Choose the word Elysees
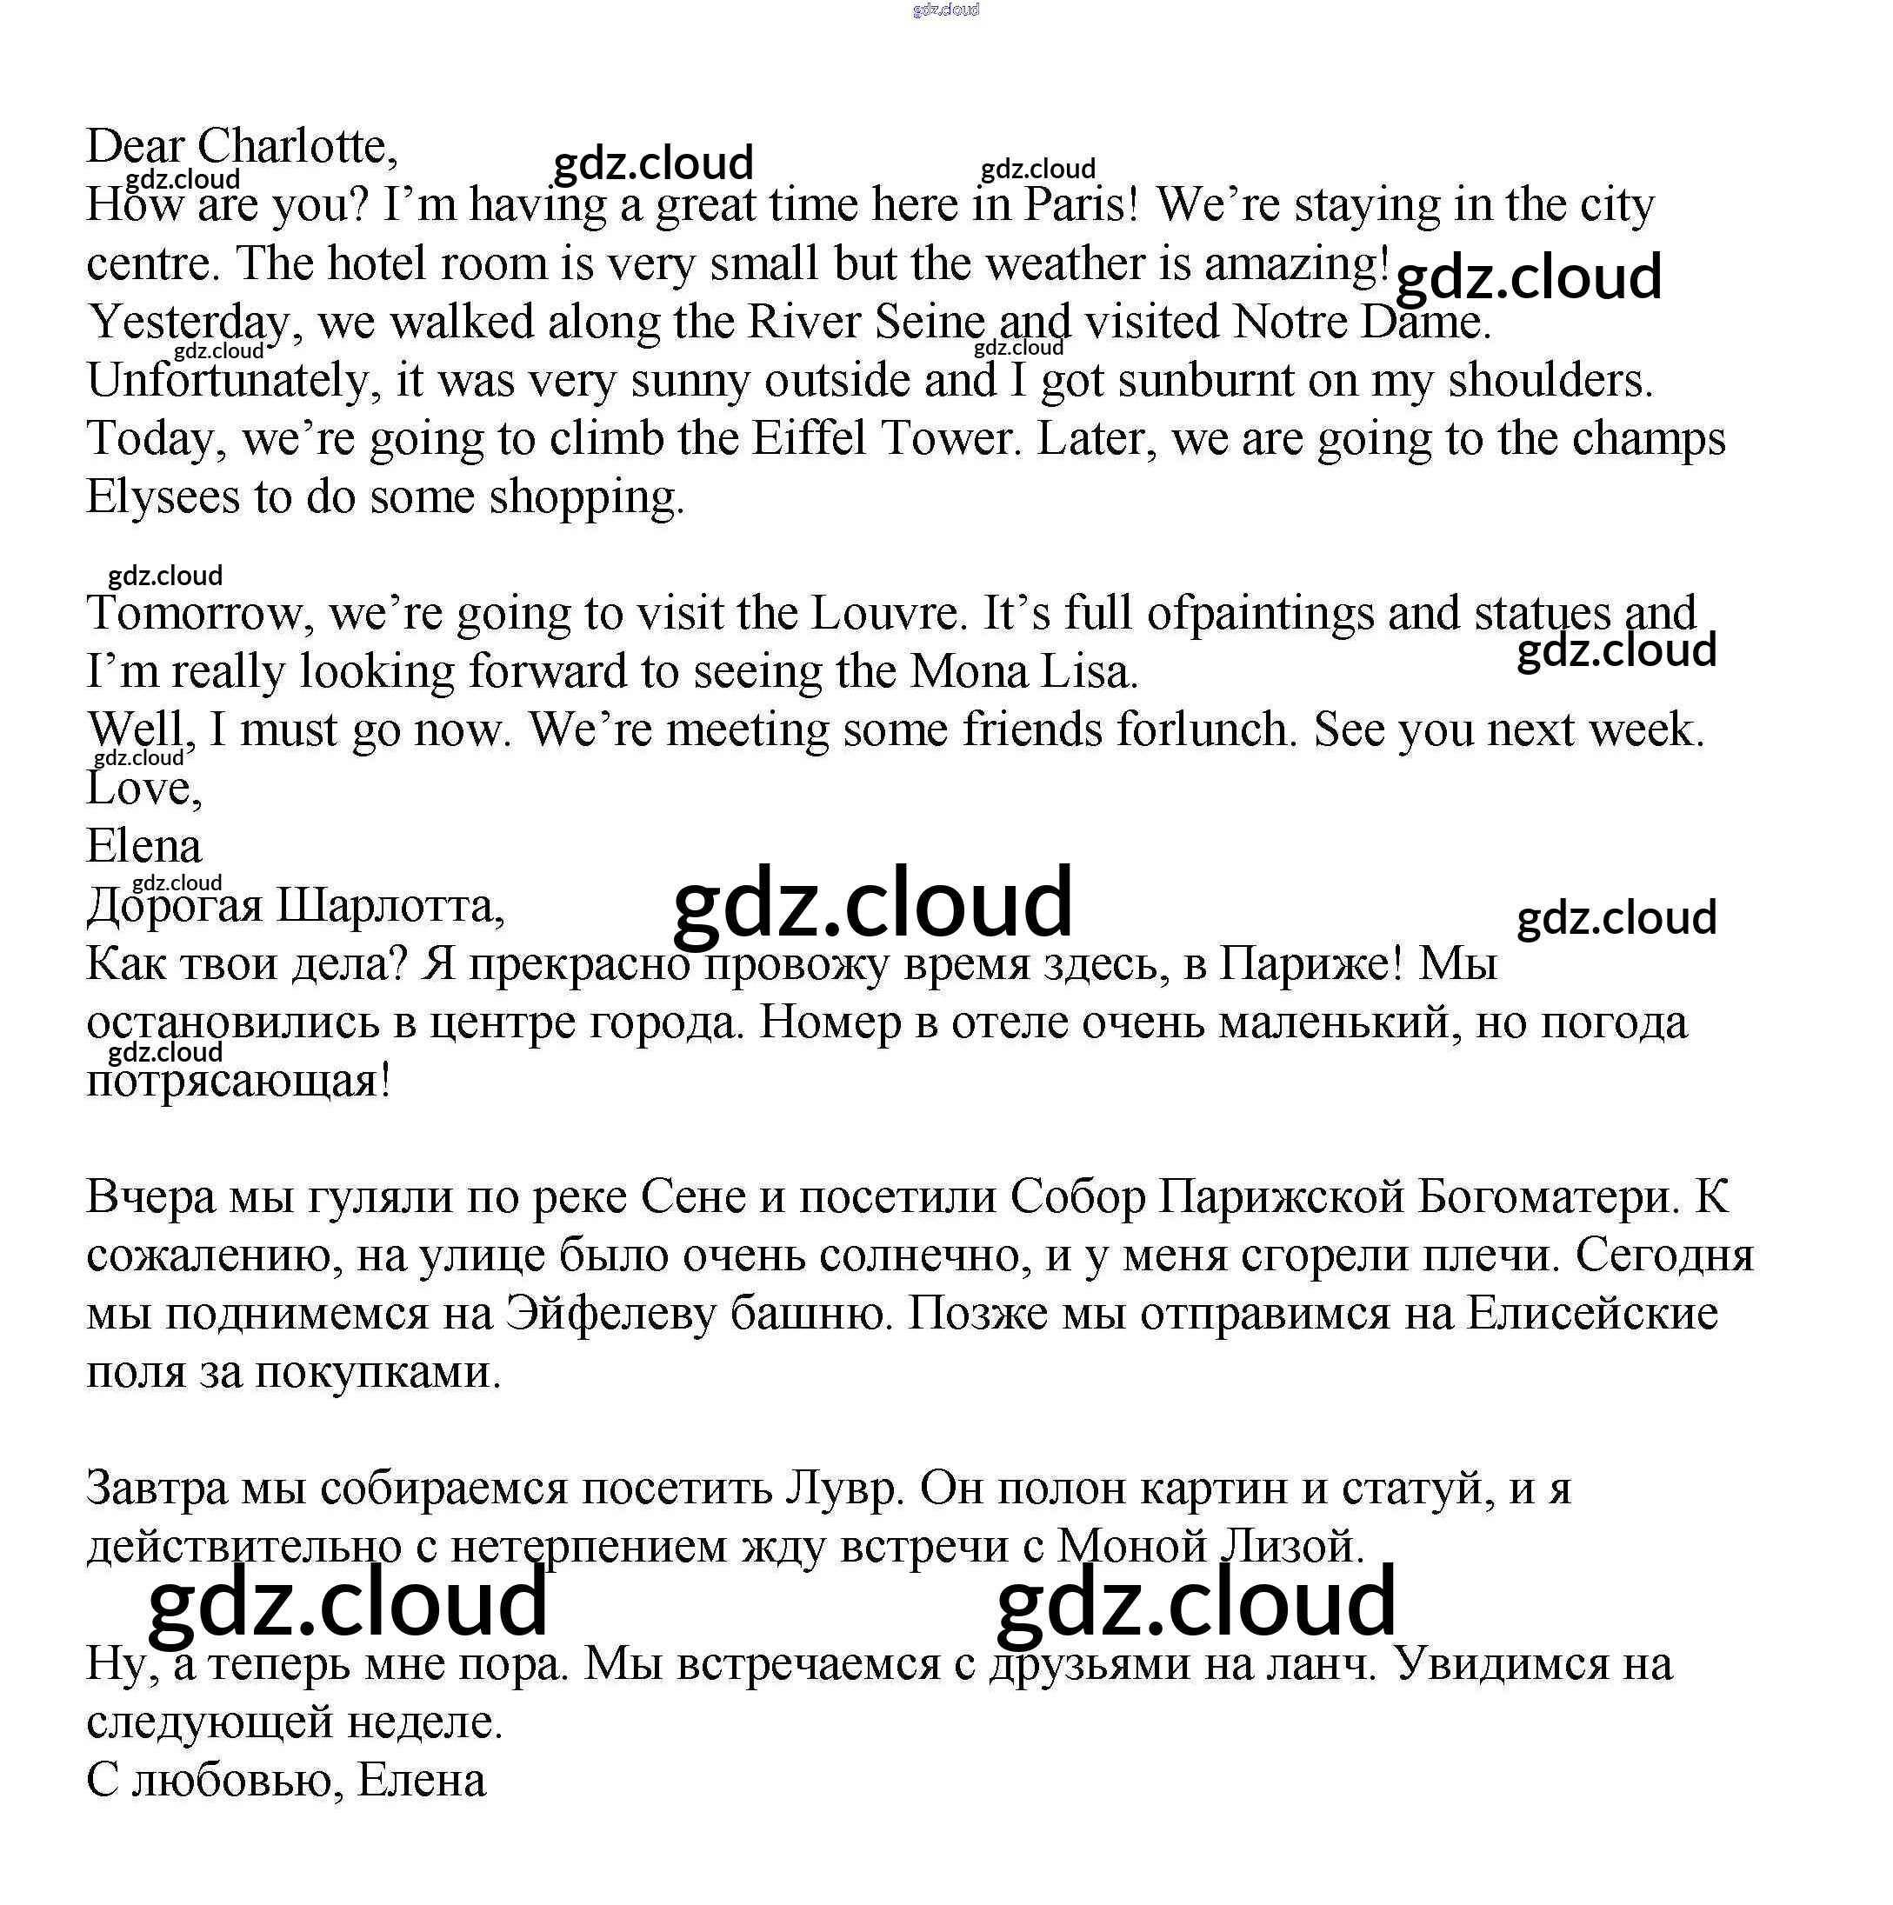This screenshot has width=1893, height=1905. (162, 497)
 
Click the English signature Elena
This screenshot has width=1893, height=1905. (144, 846)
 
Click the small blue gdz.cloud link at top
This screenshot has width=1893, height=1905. (945, 10)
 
